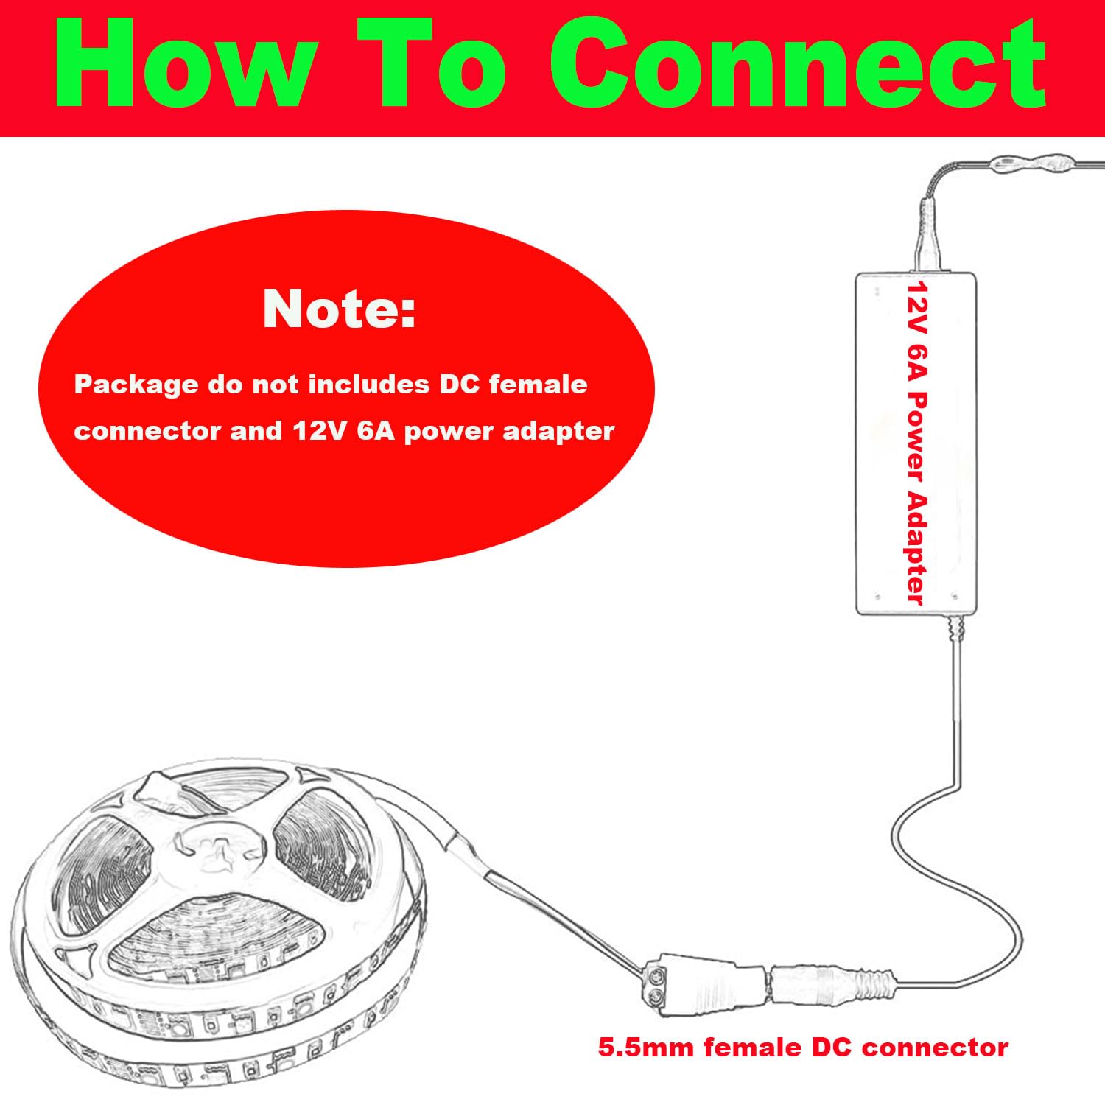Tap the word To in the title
442,65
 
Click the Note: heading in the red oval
340,309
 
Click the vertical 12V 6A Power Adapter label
916,442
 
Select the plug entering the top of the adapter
930,235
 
